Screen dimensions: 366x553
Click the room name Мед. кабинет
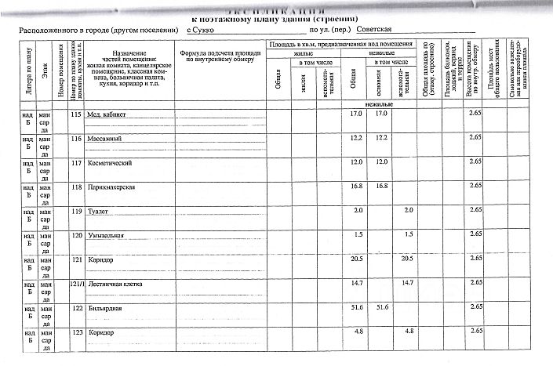[x=106, y=114]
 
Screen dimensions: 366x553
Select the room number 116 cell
[x=76, y=139]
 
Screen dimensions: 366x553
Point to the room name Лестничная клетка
[x=114, y=282]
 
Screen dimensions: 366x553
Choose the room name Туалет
[x=98, y=212]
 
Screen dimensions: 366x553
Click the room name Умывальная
[x=104, y=235]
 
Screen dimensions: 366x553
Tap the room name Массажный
[x=103, y=139]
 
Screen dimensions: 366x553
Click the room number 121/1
[x=76, y=282]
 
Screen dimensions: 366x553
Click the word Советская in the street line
[x=373, y=29]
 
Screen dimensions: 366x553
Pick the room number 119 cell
[x=76, y=212]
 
